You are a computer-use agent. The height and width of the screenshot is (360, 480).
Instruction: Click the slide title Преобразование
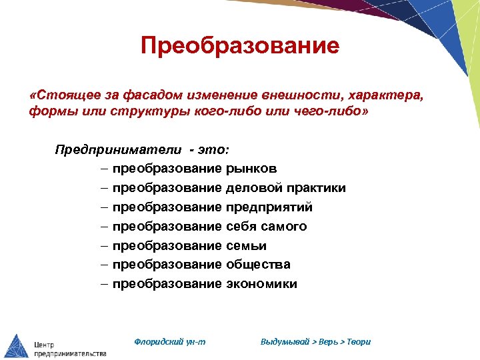pos(240,45)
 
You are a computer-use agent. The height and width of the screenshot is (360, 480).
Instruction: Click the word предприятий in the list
pos(269,207)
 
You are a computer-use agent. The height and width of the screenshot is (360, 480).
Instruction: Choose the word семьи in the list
pos(247,246)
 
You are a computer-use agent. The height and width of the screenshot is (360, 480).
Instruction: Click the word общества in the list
pos(258,265)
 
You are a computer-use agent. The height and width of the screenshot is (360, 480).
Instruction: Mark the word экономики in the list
pos(262,284)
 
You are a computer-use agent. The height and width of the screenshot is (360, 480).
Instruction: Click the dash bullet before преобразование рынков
pos(105,169)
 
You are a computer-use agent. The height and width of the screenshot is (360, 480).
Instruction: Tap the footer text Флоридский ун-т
pos(170,341)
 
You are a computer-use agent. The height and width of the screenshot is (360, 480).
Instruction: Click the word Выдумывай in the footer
pos(285,341)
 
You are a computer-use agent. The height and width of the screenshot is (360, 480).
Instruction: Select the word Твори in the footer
pos(359,341)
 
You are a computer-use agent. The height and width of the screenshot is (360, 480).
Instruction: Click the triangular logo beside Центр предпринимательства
pos(16,345)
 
